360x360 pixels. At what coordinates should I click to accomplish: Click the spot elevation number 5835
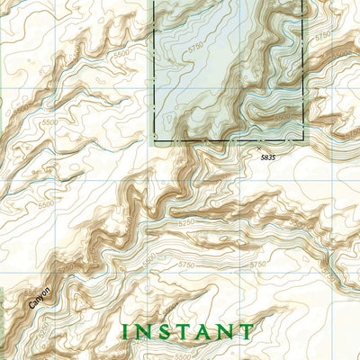point(263,157)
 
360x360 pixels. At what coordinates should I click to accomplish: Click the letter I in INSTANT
point(126,332)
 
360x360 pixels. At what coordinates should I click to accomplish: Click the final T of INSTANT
point(246,332)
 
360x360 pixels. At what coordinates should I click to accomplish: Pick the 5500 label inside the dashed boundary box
point(283,117)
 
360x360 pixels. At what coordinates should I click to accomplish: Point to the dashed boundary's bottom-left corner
point(155,142)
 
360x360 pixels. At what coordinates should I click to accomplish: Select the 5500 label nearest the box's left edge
point(123,55)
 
